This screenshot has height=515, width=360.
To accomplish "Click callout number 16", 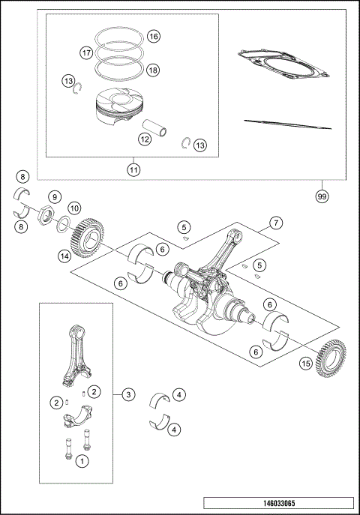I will coord(153,37).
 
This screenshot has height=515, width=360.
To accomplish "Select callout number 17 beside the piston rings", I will coord(87,52).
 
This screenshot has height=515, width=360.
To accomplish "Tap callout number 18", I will coord(153,70).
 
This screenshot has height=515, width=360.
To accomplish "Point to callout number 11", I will coord(133,170).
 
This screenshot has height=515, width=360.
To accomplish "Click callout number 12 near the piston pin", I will coord(145,138).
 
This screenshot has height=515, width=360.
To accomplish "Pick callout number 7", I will coord(276,223).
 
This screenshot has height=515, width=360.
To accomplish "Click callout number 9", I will coord(54,197).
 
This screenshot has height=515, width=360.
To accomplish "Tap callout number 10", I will coord(73,208).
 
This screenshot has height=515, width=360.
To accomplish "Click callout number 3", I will coord(128,393).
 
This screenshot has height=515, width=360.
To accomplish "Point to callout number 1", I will coord(82,462).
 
